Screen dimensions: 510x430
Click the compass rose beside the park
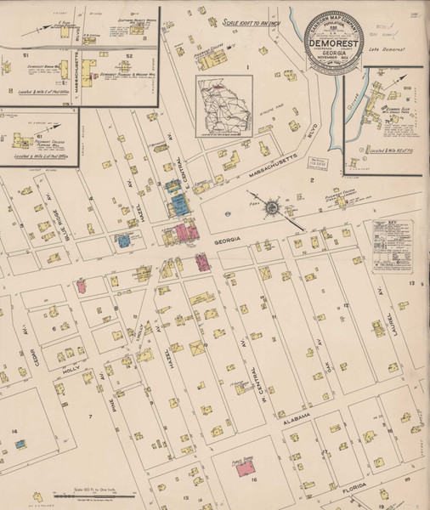point(271,207)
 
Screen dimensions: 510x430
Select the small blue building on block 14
point(18,443)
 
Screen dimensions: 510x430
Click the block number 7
point(88,416)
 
